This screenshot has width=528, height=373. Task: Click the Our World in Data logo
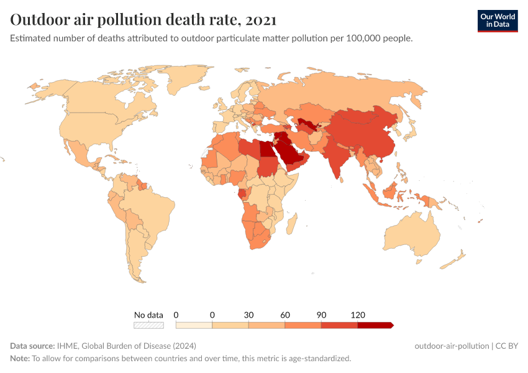[x=498, y=21]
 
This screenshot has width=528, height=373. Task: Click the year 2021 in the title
[x=261, y=19]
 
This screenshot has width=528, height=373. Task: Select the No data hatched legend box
[x=149, y=325]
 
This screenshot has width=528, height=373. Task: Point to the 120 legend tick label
[x=358, y=315]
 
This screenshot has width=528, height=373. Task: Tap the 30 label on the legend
[x=248, y=315]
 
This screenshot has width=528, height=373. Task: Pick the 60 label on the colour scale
[x=285, y=315]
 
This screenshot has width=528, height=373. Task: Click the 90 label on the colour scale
[x=321, y=315]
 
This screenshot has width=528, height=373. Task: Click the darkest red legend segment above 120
[x=375, y=325]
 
